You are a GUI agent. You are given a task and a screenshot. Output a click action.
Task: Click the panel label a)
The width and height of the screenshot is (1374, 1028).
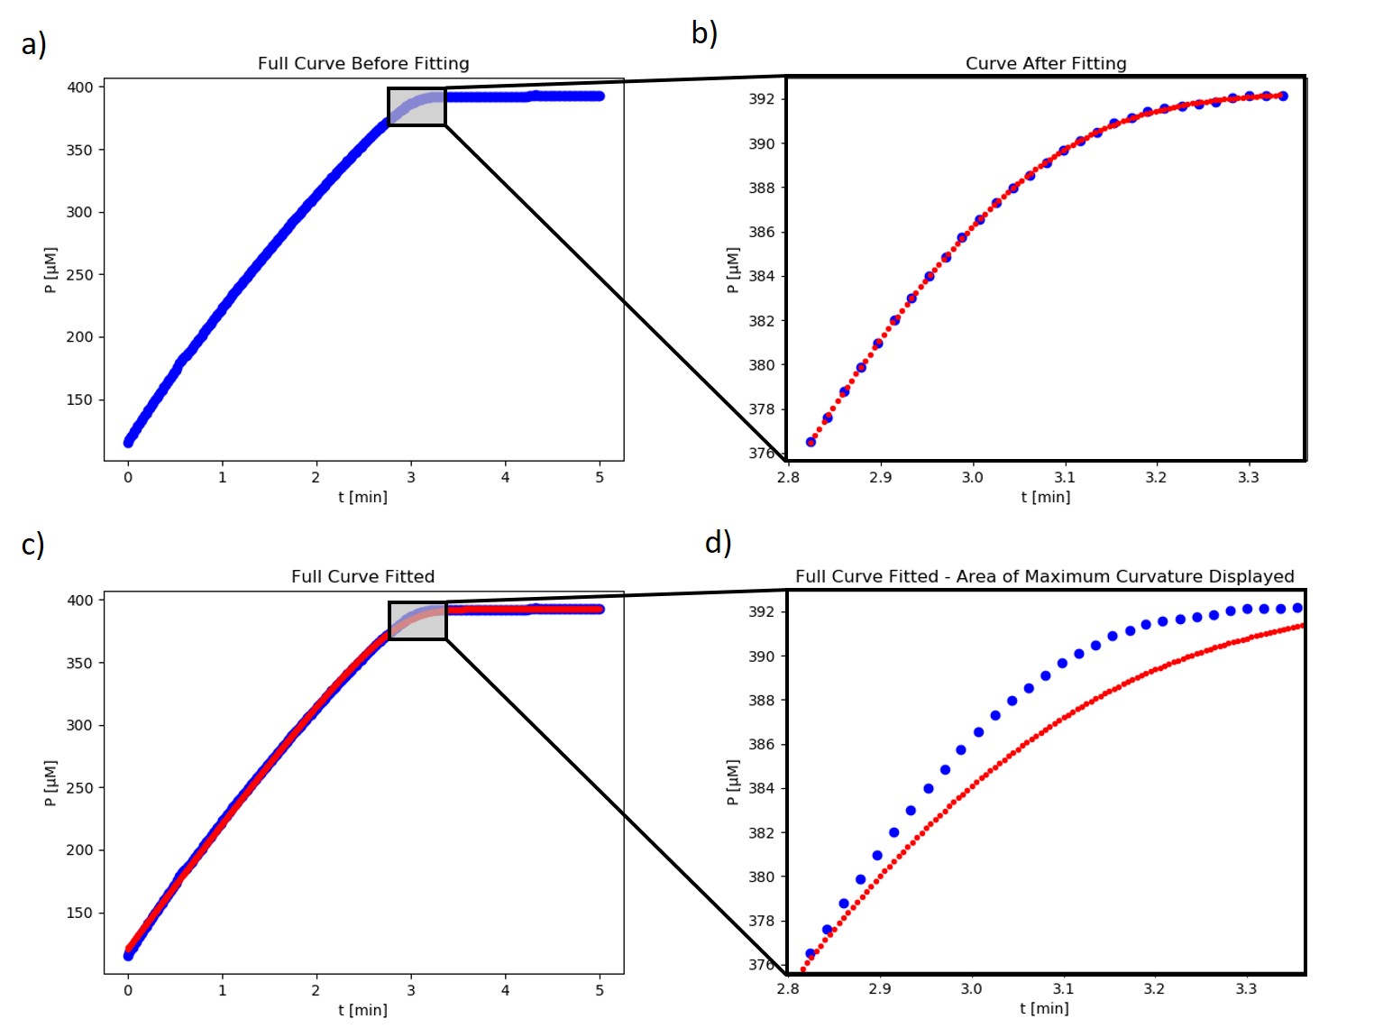click(33, 44)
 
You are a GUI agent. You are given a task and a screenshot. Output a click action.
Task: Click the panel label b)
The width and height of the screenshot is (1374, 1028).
click(704, 33)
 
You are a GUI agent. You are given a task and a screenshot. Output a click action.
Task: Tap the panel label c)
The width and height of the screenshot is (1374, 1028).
click(32, 544)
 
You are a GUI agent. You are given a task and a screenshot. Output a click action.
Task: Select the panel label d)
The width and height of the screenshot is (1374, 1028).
click(718, 543)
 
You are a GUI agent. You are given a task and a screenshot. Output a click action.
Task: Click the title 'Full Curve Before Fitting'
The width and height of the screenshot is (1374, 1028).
click(363, 63)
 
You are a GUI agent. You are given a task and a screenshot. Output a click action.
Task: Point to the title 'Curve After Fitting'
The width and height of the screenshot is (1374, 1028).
click(1046, 63)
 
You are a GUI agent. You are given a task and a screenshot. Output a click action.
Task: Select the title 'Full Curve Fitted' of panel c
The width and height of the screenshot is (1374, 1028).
click(362, 576)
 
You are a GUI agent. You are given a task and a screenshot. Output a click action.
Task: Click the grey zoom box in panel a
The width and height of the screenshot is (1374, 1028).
click(417, 106)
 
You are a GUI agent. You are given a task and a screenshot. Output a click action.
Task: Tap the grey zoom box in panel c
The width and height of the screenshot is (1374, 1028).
click(417, 620)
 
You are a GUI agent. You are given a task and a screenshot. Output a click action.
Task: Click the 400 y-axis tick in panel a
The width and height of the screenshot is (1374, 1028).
click(79, 87)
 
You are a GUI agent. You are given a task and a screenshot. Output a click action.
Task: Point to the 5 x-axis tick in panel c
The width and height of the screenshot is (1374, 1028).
click(600, 990)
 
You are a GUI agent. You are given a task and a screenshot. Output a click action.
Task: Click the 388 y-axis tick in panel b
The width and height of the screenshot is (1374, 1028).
click(762, 188)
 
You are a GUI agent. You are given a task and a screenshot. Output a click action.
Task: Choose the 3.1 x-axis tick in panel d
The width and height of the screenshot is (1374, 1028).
click(1063, 989)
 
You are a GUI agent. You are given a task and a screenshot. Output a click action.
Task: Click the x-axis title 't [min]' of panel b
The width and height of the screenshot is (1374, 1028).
click(1046, 497)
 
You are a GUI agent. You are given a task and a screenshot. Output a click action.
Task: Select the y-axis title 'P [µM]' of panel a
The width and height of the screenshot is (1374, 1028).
click(50, 270)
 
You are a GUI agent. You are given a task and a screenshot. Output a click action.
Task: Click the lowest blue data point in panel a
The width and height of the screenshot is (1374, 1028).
click(128, 442)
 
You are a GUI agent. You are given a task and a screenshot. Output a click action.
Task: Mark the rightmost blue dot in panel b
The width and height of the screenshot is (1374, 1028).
click(1283, 96)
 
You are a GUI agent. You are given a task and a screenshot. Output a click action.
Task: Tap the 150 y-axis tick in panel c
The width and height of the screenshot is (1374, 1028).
click(79, 913)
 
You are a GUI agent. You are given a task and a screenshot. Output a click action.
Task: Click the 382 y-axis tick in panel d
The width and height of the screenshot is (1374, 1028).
click(762, 832)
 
